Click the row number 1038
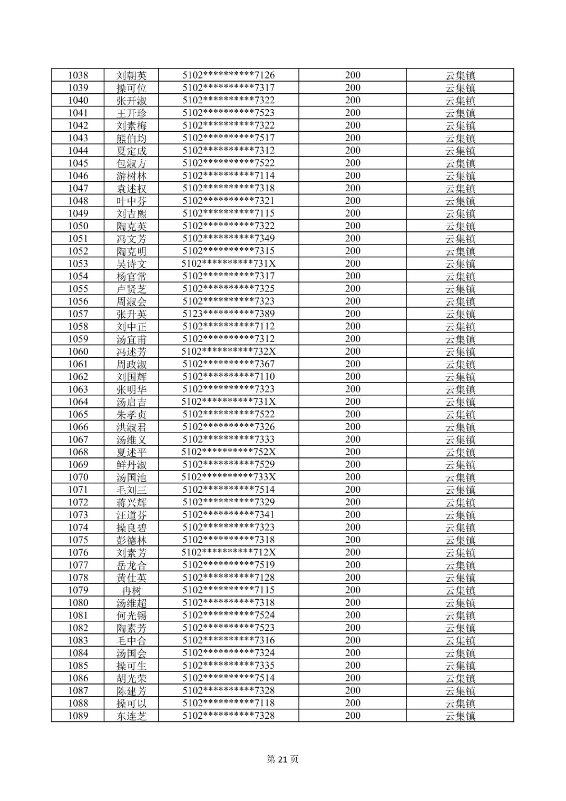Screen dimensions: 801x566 pyautogui.click(x=78, y=75)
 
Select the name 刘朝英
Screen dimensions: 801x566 pyautogui.click(x=131, y=75)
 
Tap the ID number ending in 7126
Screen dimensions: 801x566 pyautogui.click(x=228, y=75)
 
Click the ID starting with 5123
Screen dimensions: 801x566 pyautogui.click(x=228, y=314)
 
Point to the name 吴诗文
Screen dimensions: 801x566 pyautogui.click(x=131, y=264)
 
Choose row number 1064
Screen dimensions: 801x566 pyautogui.click(x=78, y=402)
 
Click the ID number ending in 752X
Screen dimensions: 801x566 pyautogui.click(x=228, y=452)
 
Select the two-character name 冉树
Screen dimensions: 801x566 pyautogui.click(x=131, y=590)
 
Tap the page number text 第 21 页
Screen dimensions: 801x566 pyautogui.click(x=282, y=759)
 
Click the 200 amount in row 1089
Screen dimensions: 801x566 pyautogui.click(x=353, y=716)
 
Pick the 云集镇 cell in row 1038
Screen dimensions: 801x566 pyautogui.click(x=460, y=75)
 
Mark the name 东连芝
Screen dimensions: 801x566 pyautogui.click(x=131, y=716)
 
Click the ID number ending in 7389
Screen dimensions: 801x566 pyautogui.click(x=228, y=314)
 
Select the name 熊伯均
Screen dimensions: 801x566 pyautogui.click(x=131, y=138)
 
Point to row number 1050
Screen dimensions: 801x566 pyautogui.click(x=78, y=226)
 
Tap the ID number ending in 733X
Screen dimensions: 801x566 pyautogui.click(x=228, y=477)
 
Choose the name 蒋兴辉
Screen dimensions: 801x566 pyautogui.click(x=131, y=502)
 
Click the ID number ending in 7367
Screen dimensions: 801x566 pyautogui.click(x=228, y=364)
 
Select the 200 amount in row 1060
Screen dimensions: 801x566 pyautogui.click(x=353, y=351)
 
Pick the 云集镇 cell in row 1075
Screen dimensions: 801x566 pyautogui.click(x=460, y=540)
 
